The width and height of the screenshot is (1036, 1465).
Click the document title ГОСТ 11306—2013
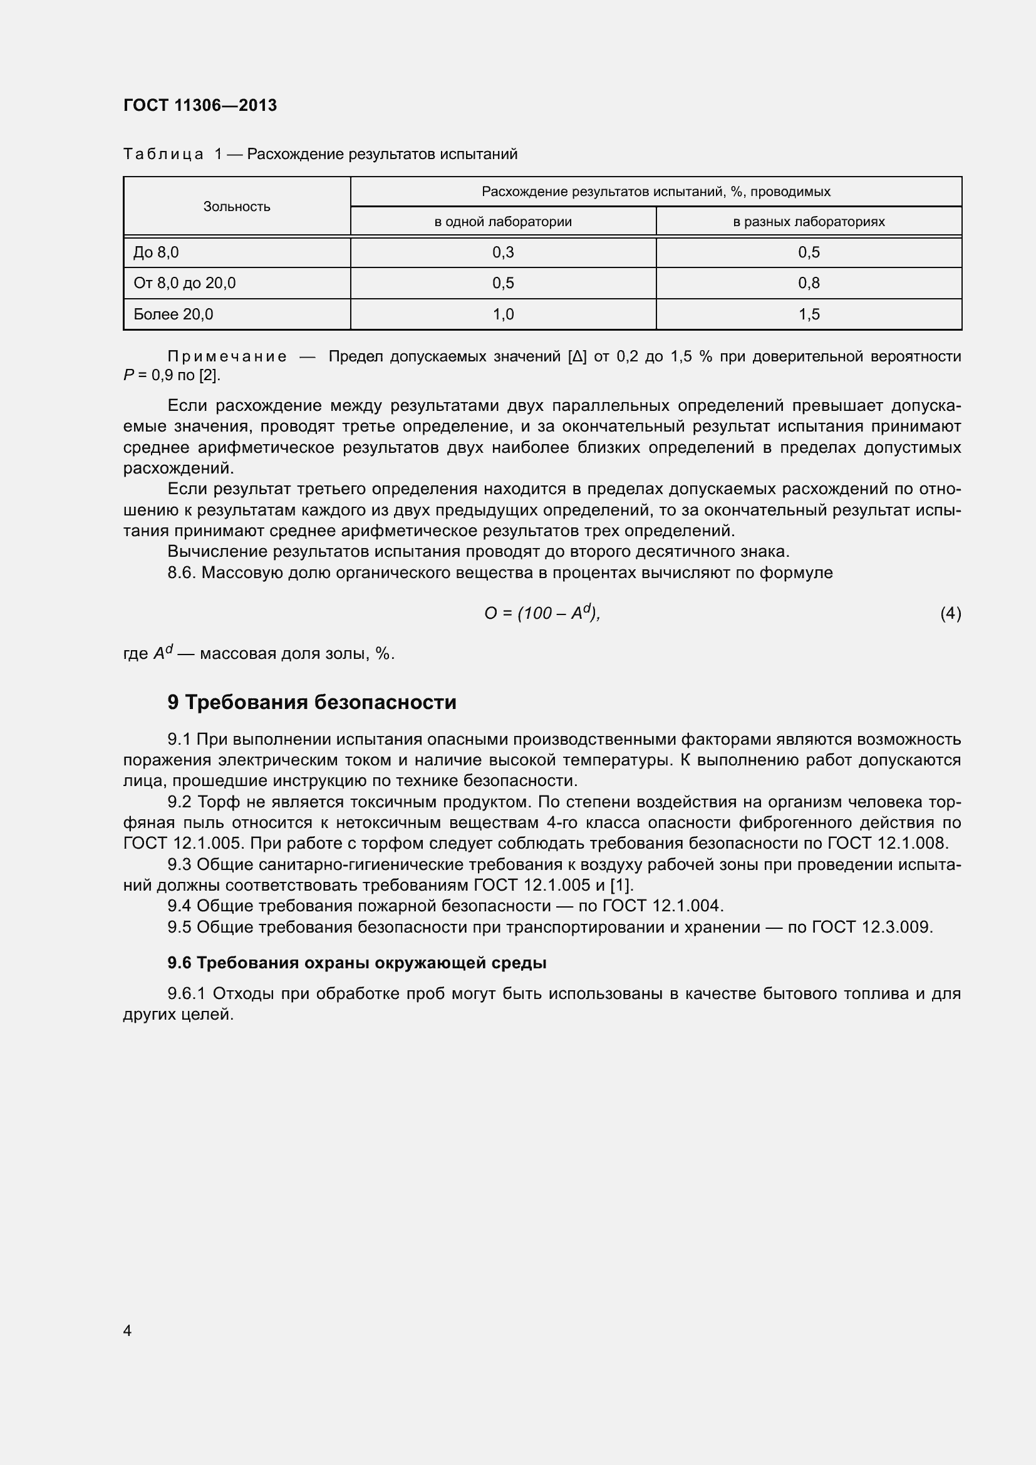click(200, 105)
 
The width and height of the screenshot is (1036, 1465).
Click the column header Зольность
click(237, 206)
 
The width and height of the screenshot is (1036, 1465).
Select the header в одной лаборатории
click(503, 221)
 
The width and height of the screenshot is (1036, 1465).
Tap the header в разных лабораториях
click(808, 221)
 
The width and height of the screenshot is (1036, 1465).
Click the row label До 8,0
click(157, 252)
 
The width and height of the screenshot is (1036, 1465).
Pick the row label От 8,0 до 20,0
click(184, 282)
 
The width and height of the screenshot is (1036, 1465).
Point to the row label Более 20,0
click(174, 314)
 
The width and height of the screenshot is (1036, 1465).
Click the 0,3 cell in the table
click(503, 252)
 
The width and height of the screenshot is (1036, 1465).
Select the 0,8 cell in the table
click(808, 282)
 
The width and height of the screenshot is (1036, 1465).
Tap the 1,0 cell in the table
click(503, 314)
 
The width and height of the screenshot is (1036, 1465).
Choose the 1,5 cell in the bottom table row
click(808, 314)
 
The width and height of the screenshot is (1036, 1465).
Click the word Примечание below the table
click(227, 356)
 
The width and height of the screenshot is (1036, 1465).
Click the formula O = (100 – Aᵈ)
click(542, 613)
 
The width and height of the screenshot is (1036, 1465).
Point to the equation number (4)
click(950, 613)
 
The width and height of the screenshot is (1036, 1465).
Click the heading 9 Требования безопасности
click(312, 702)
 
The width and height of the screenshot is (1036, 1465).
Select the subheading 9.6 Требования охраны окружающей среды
click(356, 963)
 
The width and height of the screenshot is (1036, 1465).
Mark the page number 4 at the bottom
click(127, 1330)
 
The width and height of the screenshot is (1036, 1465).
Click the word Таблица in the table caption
click(163, 154)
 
